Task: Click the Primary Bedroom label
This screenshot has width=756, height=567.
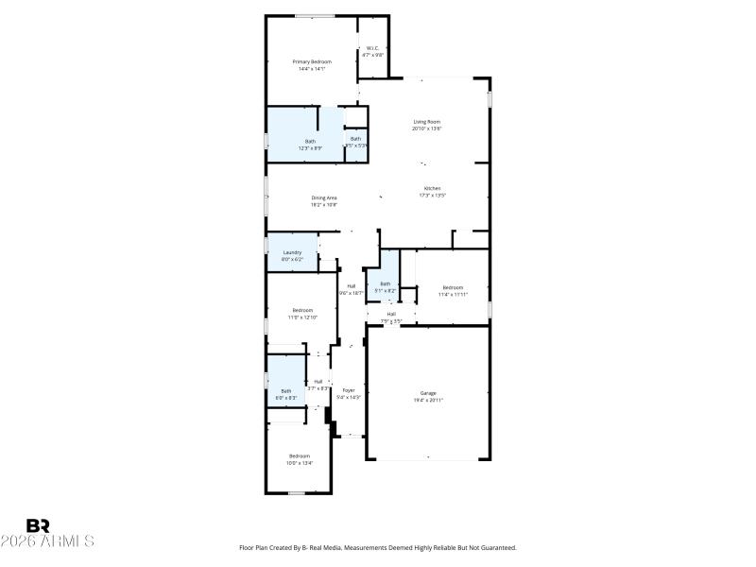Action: (x=311, y=61)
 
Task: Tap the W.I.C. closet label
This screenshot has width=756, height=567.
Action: (x=373, y=47)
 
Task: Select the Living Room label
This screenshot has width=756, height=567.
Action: (x=427, y=121)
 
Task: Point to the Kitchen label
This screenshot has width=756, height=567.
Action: (x=432, y=188)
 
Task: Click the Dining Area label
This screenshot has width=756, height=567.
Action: (x=324, y=197)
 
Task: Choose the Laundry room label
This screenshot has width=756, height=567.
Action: (x=292, y=252)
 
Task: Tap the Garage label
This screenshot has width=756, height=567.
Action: (x=428, y=392)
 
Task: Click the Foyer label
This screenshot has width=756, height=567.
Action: (x=349, y=389)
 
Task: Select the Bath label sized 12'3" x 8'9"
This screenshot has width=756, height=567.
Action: (x=310, y=141)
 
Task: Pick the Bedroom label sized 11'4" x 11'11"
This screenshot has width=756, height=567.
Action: (x=454, y=287)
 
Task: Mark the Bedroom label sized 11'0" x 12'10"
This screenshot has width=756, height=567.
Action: (x=302, y=310)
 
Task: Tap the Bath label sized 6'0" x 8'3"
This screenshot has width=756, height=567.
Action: (x=286, y=391)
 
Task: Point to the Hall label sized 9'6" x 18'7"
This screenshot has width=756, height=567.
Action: (x=351, y=285)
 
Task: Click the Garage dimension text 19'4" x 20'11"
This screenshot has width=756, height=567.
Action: (x=428, y=400)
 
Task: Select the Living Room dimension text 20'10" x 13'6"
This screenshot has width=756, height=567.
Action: (x=427, y=129)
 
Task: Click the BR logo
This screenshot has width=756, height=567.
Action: (x=39, y=525)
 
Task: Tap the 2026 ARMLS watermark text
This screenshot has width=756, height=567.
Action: (x=47, y=541)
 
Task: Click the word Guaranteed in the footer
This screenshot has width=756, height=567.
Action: (x=495, y=548)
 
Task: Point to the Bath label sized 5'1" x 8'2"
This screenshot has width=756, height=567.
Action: (x=385, y=283)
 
